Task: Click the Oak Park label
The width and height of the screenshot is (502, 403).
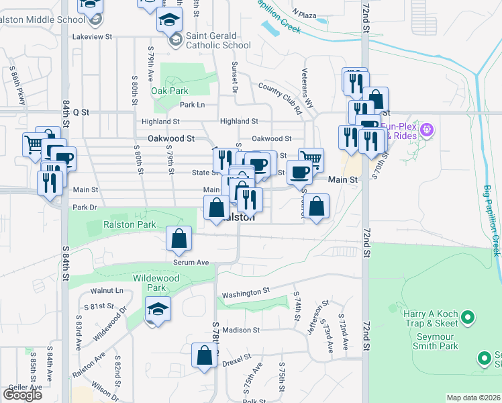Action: point(170,91)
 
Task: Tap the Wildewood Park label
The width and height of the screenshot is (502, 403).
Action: point(149,283)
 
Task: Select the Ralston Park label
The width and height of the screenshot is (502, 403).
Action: point(130,225)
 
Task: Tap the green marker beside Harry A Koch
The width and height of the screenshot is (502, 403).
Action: point(470,316)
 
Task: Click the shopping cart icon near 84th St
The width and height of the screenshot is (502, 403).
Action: point(35,144)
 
